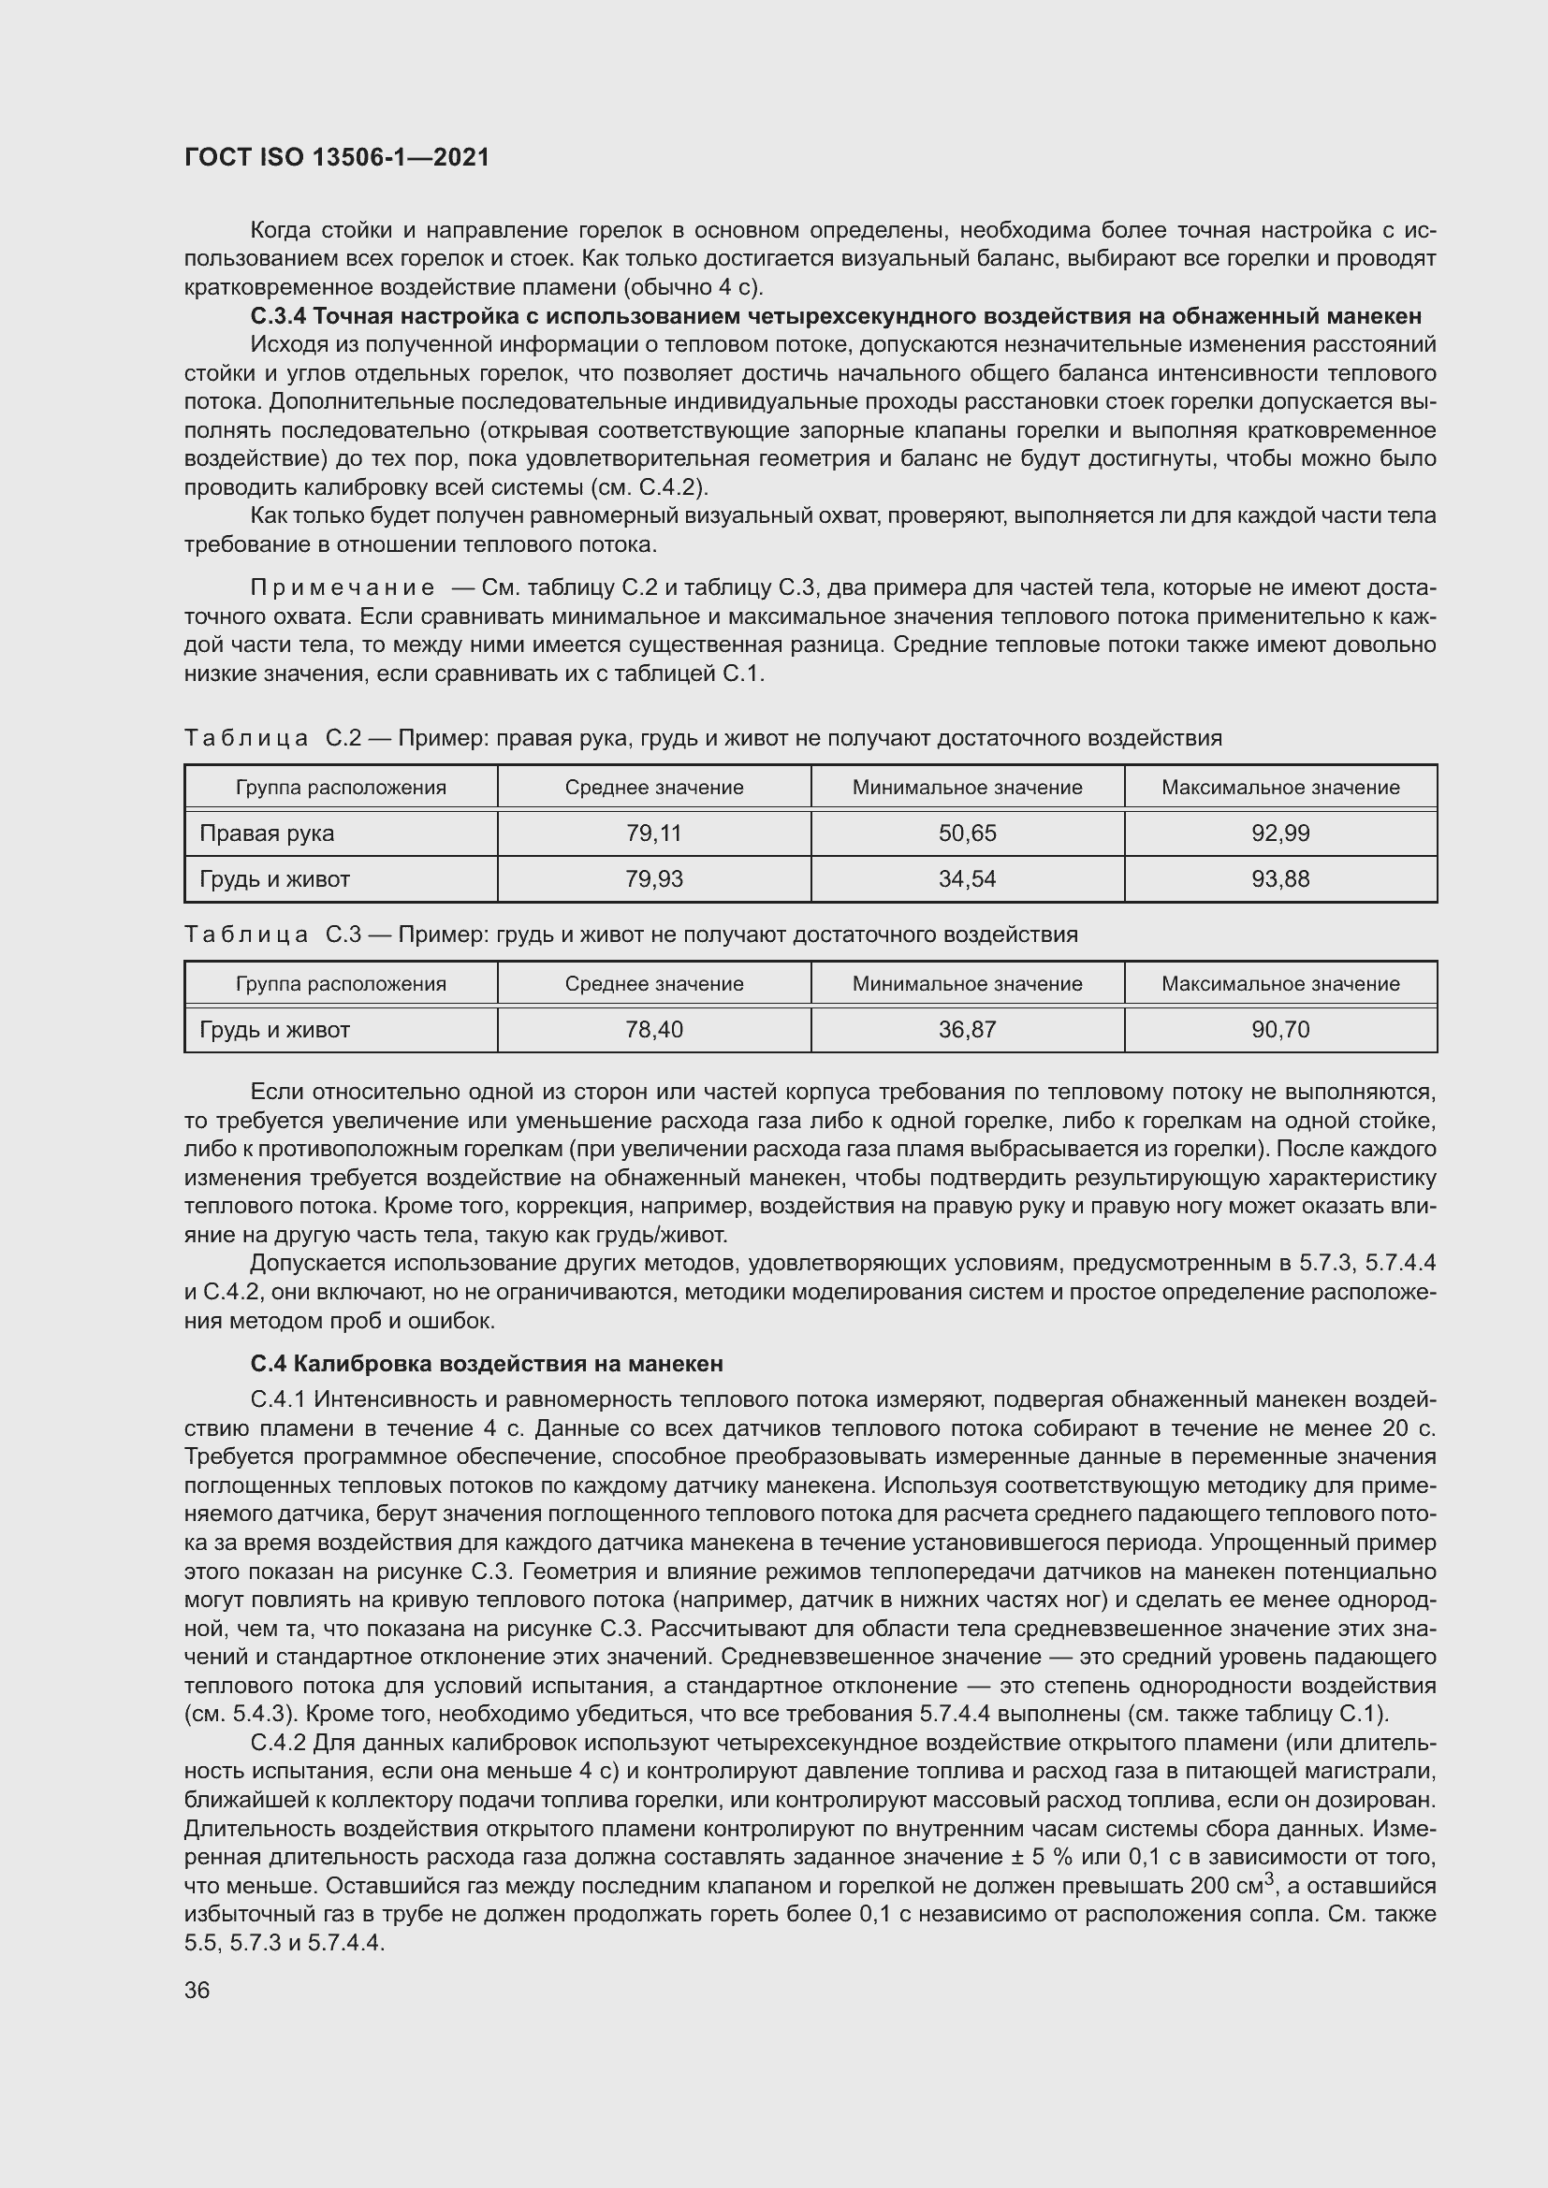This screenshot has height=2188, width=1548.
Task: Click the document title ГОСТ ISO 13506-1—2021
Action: tap(337, 158)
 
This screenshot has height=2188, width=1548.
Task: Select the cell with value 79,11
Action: tap(654, 833)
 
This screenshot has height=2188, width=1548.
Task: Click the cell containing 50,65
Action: tap(967, 833)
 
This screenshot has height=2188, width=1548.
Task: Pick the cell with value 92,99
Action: tap(1280, 833)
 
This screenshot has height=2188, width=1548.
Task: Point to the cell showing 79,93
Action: tap(654, 878)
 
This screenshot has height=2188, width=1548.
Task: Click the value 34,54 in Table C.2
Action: tap(967, 878)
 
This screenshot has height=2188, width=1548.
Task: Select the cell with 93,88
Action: tap(1280, 878)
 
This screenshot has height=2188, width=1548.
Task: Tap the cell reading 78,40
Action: tap(654, 1030)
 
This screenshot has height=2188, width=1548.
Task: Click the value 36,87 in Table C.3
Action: tap(967, 1030)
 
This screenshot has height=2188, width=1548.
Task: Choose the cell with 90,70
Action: tap(1280, 1030)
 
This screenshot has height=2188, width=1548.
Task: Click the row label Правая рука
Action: tap(267, 833)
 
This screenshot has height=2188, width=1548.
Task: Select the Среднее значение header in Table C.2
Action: tap(654, 788)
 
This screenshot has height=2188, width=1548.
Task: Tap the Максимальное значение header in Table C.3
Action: tap(1280, 984)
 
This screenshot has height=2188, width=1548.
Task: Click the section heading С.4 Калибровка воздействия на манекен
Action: tap(486, 1364)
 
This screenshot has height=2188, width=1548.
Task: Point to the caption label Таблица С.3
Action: tap(272, 935)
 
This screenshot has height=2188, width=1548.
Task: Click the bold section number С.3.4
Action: tap(277, 316)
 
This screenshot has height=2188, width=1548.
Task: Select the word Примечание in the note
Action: tap(343, 588)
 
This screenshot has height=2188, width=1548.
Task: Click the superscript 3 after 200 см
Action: tap(1269, 1879)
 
